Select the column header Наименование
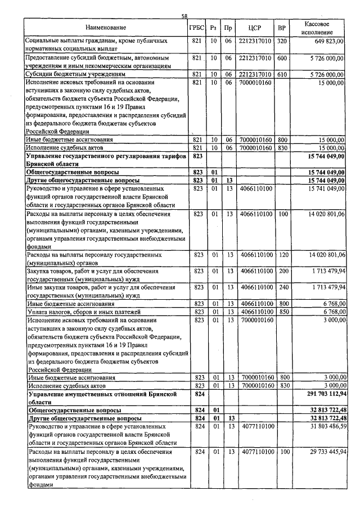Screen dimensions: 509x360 pyautogui.click(x=106, y=28)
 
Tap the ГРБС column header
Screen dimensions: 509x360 pyautogui.click(x=197, y=28)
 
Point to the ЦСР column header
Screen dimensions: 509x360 pyautogui.click(x=255, y=28)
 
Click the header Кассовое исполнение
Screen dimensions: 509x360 pyautogui.click(x=317, y=28)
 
